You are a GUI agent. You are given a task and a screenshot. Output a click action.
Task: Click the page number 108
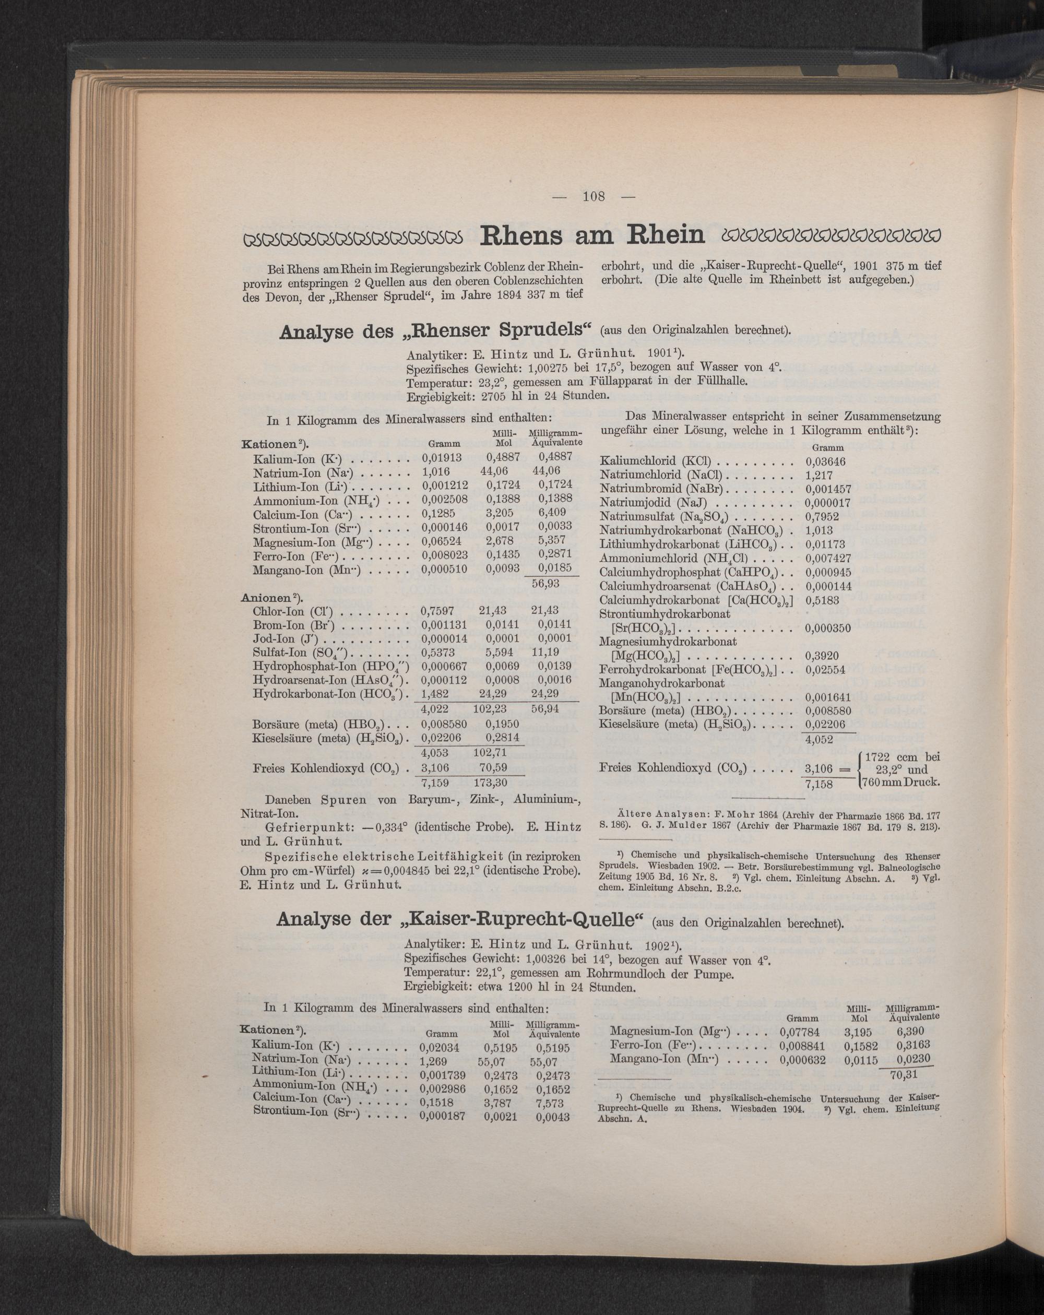[593, 197]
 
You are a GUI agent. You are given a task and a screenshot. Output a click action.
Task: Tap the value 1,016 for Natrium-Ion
[434, 471]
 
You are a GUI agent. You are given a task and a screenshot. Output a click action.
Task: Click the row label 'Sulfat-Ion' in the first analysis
[282, 653]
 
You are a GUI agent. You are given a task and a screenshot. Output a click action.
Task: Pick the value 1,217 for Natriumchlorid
[817, 475]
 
